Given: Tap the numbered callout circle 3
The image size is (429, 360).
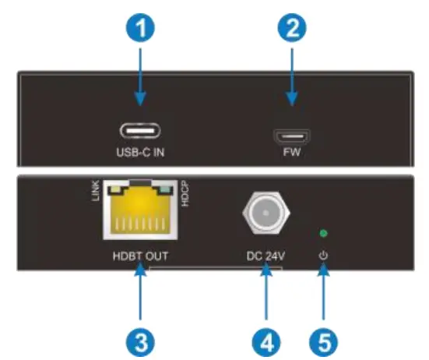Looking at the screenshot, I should (x=140, y=337).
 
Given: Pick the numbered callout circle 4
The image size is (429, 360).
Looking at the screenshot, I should (x=265, y=337).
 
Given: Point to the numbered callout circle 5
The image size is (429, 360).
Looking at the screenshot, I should (x=324, y=337).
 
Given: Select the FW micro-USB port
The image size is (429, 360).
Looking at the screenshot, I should (x=292, y=136).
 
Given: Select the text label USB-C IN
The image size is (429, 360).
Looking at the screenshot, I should (x=141, y=152).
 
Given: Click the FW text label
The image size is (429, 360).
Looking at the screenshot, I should (x=293, y=154).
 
